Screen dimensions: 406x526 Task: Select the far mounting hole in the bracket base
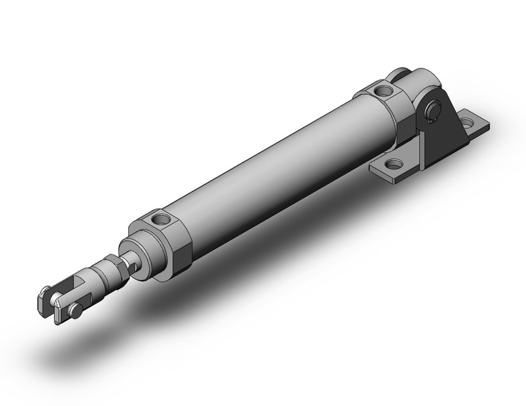click(x=473, y=125)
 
